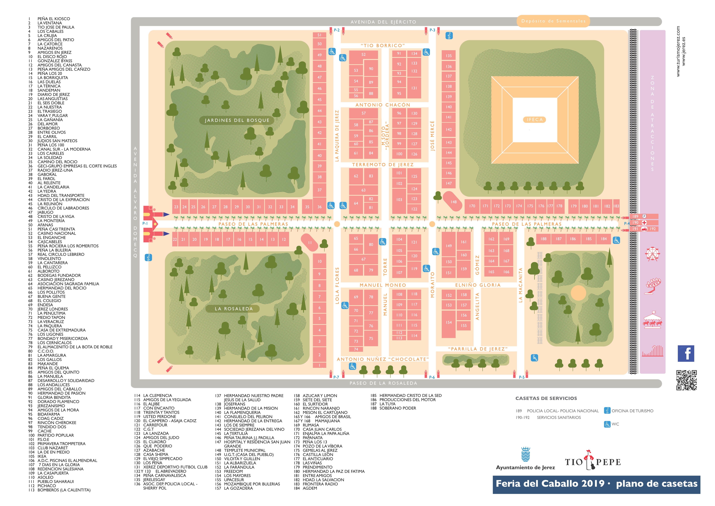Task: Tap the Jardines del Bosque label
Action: [237, 120]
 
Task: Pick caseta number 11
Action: [310, 242]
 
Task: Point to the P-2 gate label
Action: [337, 30]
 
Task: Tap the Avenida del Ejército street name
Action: [383, 22]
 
